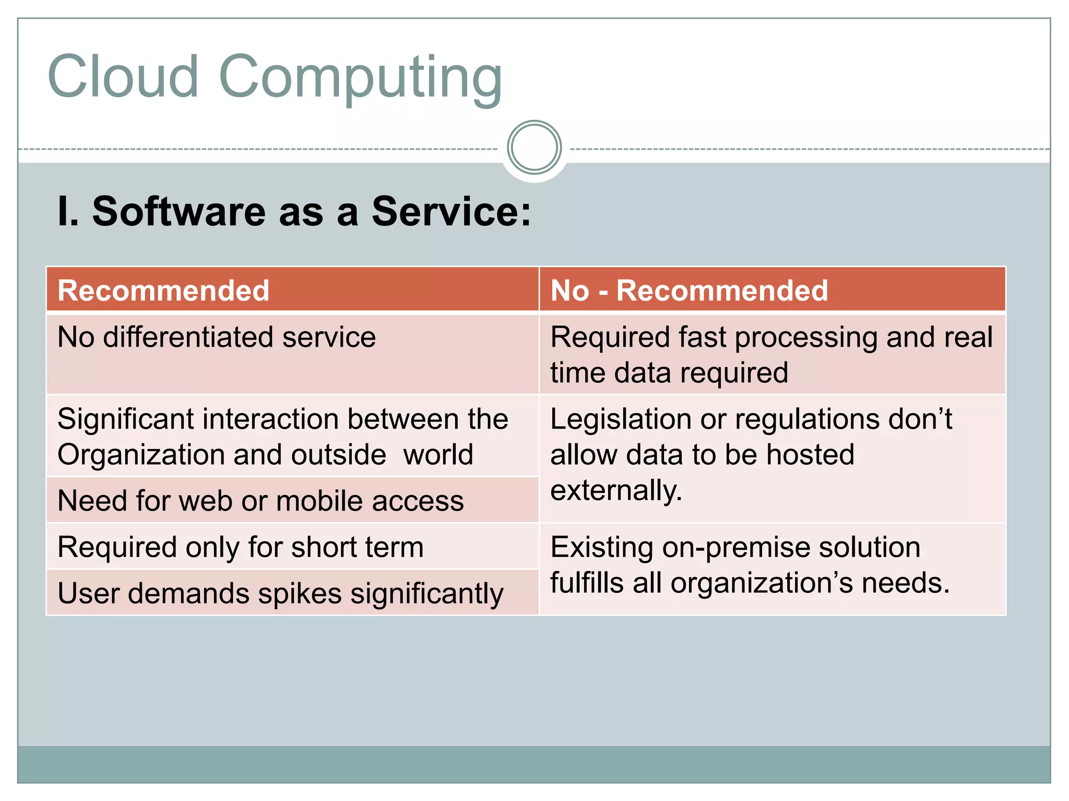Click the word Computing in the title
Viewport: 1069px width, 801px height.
[x=360, y=78]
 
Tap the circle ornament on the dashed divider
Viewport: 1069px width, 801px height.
[x=534, y=148]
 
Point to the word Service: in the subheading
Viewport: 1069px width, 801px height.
[x=452, y=211]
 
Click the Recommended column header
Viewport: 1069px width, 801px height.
[x=163, y=290]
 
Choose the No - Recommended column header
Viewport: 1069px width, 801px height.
[x=689, y=290]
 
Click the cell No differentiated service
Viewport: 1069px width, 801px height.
[x=217, y=337]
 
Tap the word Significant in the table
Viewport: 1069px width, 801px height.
[x=125, y=419]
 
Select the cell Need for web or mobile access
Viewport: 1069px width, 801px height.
[x=260, y=501]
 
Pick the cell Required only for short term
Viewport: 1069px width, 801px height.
[x=241, y=547]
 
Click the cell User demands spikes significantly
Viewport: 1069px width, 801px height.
[x=280, y=593]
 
